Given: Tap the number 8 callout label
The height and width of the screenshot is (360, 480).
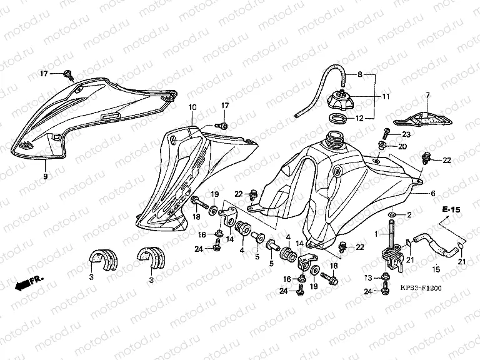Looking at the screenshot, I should tap(360, 75).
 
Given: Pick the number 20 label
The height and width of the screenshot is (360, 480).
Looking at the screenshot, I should tap(403, 146).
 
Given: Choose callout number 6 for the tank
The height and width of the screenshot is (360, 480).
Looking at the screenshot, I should tap(432, 194).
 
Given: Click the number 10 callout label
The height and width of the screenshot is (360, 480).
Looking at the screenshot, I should tap(193, 107).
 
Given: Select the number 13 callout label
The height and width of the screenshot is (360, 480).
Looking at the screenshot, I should tap(369, 277).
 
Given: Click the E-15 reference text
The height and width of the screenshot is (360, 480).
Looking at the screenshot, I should tap(449, 210).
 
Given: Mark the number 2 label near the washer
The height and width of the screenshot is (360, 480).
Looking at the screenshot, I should tap(409, 215).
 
